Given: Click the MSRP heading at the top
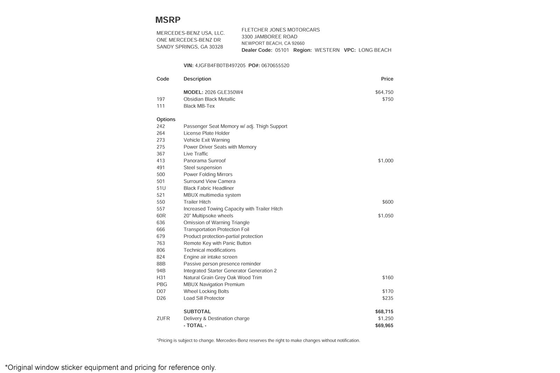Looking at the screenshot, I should point(168,20).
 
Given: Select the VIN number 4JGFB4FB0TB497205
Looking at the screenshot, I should point(220,66).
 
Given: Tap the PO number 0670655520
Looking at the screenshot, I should point(275,66).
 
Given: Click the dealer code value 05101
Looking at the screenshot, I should point(282,50).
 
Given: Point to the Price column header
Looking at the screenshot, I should point(387,79).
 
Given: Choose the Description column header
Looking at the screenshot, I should point(197,79).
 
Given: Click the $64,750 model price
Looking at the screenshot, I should point(384,92).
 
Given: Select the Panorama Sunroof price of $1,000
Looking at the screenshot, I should point(385,161).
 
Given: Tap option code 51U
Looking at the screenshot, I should point(161,188).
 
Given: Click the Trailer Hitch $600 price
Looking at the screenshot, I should point(387,202).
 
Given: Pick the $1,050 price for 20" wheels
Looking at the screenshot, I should point(385,216).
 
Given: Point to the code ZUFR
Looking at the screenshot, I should point(163,318).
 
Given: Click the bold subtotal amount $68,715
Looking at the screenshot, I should point(384,311).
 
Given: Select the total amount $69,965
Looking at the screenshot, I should point(384,325).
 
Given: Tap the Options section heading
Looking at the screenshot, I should point(166,120).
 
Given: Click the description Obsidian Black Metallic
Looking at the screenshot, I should point(209,99).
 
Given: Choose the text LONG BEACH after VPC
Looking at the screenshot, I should point(375,50).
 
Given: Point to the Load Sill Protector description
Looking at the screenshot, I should point(204,298).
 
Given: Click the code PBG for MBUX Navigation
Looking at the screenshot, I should point(162,285).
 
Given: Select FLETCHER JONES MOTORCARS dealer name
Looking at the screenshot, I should point(281,30).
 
